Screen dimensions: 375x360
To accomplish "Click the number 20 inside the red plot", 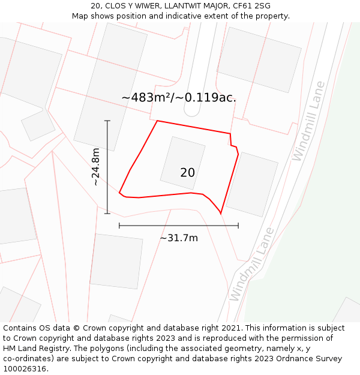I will (187, 173).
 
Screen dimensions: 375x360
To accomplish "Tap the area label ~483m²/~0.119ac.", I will (179, 98).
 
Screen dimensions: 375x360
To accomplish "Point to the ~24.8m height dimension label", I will (96, 167).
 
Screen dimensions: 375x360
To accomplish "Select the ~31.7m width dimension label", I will (179, 238).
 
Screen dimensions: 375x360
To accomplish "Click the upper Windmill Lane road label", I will (307, 121).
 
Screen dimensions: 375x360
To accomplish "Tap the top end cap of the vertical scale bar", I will (107, 121).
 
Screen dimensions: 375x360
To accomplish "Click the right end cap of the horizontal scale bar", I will (238, 226).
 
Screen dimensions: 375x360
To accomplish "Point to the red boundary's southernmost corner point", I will (221, 213).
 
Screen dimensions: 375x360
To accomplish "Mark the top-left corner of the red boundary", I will (157, 121).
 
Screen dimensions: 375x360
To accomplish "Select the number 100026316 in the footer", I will (23, 369).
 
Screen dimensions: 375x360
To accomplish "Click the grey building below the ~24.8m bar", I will (116, 260).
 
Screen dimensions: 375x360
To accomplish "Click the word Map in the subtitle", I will (80, 16).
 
